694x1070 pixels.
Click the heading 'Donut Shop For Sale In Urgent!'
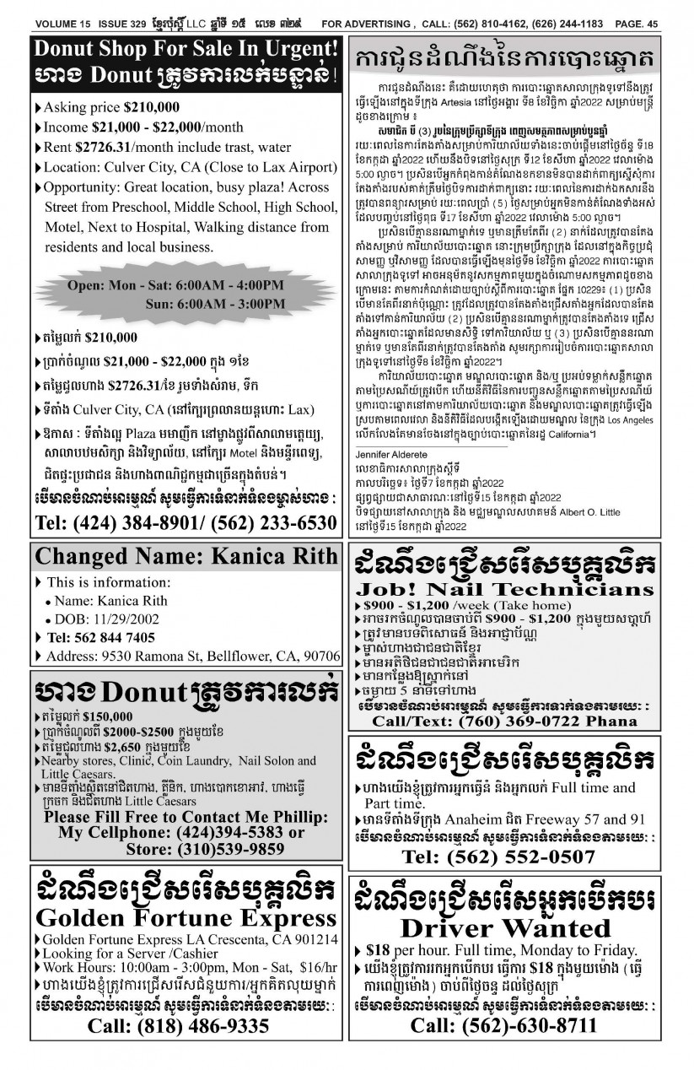187,49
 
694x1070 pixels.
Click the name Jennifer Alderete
395,453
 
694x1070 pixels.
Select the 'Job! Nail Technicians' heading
504,588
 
